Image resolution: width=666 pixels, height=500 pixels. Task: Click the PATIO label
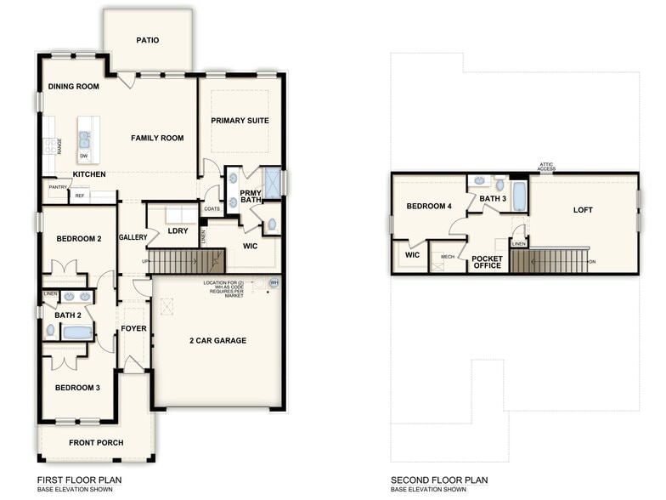[x=147, y=40]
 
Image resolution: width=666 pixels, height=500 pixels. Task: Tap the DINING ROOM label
[x=73, y=87]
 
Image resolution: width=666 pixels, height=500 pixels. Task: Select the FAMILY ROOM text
[x=157, y=138]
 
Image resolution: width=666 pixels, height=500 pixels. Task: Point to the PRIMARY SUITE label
[x=240, y=121]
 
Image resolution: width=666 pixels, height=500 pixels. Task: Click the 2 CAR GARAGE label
[x=217, y=340]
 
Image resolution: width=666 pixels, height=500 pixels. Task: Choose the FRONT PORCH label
[x=96, y=442]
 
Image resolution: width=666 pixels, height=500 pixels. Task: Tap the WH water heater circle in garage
[x=274, y=283]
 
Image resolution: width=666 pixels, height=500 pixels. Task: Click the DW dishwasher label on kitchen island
[x=84, y=156]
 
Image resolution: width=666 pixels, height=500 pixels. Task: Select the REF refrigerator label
[x=80, y=196]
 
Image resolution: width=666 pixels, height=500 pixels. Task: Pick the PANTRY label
[x=58, y=186]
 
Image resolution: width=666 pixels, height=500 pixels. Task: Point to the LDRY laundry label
[x=178, y=230]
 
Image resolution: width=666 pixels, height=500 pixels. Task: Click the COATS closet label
[x=212, y=208]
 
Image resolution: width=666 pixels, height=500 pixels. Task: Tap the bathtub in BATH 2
[x=76, y=332]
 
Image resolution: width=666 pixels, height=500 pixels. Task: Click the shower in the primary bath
[x=273, y=183]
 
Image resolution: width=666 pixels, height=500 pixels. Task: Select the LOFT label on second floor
[x=583, y=210]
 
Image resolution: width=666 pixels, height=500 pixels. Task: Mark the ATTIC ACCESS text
[x=546, y=168]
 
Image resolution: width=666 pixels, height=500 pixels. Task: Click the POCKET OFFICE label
[x=487, y=262]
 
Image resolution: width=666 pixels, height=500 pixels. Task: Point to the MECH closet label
[x=447, y=256]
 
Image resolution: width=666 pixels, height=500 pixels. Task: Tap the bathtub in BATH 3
[x=519, y=196]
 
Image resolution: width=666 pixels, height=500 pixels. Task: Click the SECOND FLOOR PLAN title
[x=439, y=480]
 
